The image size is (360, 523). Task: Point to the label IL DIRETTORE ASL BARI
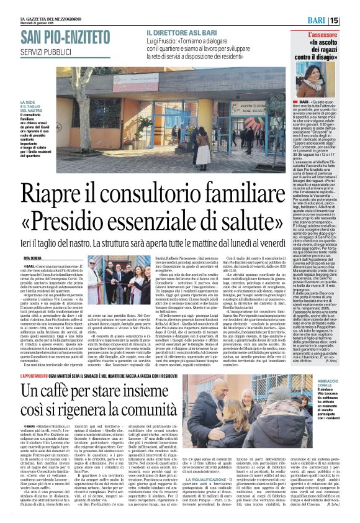(x=180, y=31)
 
